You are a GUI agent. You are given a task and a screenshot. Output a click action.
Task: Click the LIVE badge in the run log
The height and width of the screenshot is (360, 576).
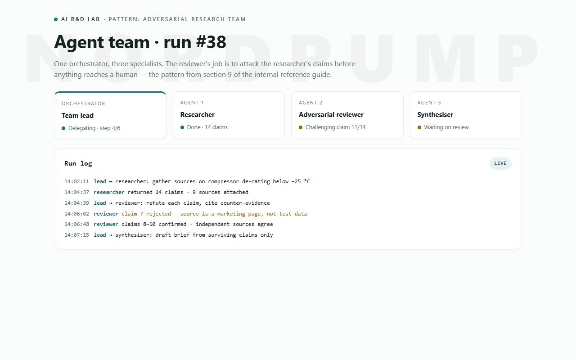[500, 163]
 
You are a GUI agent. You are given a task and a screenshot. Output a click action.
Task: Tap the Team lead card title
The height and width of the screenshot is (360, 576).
[77, 116]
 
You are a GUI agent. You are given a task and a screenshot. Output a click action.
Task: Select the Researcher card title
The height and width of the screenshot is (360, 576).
[197, 115]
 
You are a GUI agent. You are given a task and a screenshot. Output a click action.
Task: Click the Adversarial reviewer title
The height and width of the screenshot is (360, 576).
[331, 115]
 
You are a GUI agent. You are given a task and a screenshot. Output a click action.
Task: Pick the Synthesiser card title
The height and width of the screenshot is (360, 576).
[435, 115]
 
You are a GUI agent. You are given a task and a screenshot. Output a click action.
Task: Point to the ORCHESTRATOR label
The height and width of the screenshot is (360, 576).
[83, 103]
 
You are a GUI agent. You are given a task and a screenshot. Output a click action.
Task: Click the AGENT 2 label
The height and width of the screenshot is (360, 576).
[310, 103]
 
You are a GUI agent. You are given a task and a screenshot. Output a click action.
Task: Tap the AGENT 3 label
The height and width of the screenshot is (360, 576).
[429, 103]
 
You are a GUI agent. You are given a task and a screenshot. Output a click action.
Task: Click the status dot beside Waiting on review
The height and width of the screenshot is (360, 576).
[419, 127]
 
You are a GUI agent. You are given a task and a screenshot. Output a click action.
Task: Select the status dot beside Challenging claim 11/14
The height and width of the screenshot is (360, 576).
[301, 127]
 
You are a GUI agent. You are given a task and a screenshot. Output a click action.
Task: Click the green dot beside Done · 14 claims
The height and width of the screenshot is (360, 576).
[182, 127]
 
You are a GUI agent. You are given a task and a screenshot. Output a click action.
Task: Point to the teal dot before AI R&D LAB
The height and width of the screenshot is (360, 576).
[56, 19]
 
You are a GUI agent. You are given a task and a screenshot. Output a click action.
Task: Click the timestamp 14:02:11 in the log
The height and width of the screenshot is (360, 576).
[76, 181]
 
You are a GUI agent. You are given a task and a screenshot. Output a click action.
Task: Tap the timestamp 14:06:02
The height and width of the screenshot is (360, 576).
[76, 214]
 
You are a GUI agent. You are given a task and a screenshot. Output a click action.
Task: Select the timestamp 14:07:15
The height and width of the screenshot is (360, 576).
[76, 235]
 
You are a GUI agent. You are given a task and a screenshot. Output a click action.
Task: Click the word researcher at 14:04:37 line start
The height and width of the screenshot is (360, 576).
[109, 192]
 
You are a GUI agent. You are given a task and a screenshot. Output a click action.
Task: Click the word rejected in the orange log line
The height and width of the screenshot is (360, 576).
[158, 214]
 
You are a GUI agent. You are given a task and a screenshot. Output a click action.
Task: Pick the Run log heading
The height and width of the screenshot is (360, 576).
[78, 163]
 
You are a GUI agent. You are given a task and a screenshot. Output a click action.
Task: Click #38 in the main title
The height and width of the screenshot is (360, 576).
[211, 42]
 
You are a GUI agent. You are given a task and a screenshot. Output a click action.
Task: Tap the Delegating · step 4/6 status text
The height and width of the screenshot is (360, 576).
[94, 128]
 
